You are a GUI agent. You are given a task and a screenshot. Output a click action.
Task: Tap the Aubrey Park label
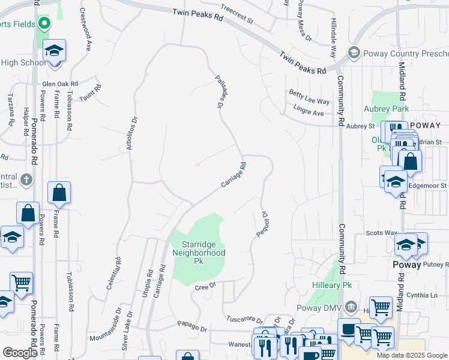click(386, 109)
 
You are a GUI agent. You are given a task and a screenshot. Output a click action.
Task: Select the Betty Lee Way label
click(309, 97)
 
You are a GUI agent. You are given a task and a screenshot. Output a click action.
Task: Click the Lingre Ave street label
click(309, 112)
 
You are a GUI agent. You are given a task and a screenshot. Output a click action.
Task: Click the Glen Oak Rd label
click(60, 84)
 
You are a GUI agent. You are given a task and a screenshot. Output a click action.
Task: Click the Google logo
click(20, 353)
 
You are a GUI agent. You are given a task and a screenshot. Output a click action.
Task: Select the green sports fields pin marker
click(43, 24)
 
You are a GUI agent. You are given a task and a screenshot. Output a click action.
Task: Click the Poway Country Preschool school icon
click(354, 52)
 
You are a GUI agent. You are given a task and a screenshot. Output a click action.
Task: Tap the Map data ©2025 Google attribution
click(412, 355)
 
